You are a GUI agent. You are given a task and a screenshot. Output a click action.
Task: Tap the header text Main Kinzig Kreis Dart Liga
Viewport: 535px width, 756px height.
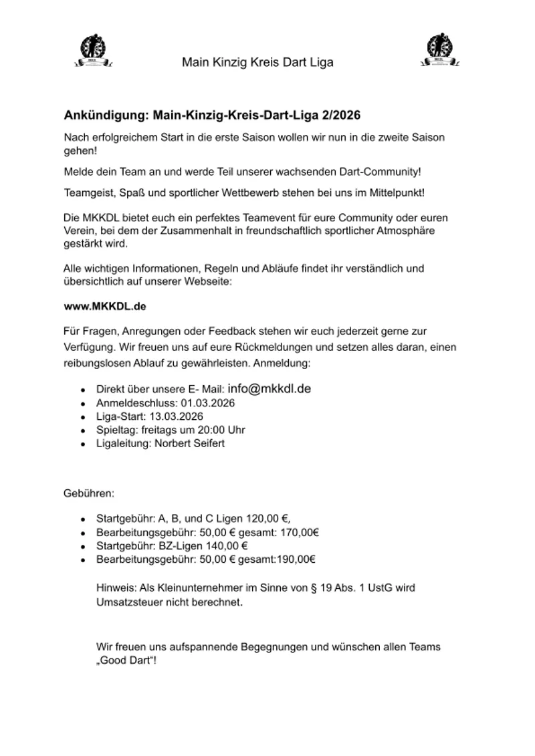point(257,63)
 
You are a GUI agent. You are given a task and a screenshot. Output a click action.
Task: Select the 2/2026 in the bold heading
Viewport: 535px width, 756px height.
point(347,116)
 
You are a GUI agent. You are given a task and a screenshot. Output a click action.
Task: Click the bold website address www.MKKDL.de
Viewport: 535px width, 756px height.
point(105,306)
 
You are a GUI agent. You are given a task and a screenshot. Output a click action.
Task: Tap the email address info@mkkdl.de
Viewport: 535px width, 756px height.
point(270,388)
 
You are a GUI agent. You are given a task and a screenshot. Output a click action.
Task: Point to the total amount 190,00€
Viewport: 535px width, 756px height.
point(296,559)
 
